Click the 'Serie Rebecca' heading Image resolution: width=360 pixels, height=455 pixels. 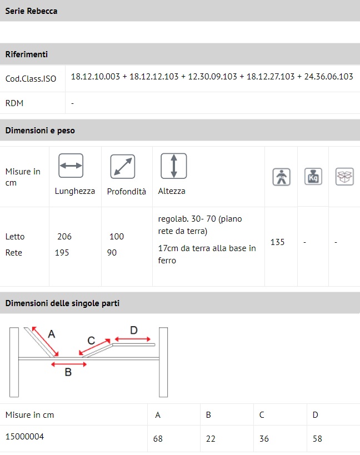[x=31, y=11]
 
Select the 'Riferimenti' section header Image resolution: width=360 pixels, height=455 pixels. [x=27, y=54]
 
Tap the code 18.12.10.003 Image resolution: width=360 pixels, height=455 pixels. [x=96, y=77]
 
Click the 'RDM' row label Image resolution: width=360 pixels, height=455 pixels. [x=14, y=103]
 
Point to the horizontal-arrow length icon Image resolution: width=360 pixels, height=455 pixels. [x=71, y=166]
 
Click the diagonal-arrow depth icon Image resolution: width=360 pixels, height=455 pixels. [x=123, y=167]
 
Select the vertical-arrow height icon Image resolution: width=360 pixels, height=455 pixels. [x=174, y=166]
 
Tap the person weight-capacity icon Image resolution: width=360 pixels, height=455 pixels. [x=281, y=177]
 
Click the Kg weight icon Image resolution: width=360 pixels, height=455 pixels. [x=313, y=177]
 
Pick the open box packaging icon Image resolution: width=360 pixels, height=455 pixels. [x=344, y=177]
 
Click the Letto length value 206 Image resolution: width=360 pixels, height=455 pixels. [x=64, y=237]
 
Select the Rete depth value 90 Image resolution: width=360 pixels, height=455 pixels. [x=112, y=253]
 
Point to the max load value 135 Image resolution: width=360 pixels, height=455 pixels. [x=277, y=242]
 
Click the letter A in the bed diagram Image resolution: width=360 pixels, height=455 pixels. [x=51, y=334]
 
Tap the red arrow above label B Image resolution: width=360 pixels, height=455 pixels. [x=69, y=364]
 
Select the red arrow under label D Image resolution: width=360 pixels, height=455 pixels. [x=133, y=339]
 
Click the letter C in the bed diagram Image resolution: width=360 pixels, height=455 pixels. [x=91, y=341]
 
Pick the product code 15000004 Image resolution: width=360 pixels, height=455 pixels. [x=24, y=437]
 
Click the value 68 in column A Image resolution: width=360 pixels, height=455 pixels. [x=158, y=438]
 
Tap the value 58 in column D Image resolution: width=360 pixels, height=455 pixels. [x=317, y=438]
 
